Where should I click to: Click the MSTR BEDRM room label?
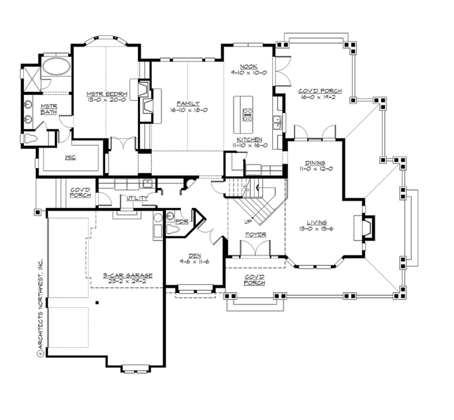(107, 94)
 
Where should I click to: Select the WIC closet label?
(69, 157)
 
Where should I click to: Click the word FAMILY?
(187, 103)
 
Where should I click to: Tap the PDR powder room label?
(182, 222)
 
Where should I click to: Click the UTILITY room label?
(137, 198)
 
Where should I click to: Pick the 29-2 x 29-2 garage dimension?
(127, 281)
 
